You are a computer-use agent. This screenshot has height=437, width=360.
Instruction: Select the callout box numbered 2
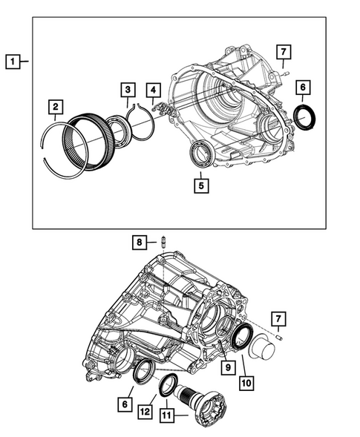pyautogui.click(x=56, y=110)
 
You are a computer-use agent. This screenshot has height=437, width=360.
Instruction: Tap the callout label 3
pyautogui.click(x=128, y=91)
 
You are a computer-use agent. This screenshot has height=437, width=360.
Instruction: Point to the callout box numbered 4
pyautogui.click(x=152, y=91)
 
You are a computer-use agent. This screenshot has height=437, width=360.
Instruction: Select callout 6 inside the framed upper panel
pyautogui.click(x=303, y=86)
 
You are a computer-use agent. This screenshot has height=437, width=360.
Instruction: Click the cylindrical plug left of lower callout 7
pyautogui.click(x=261, y=343)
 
